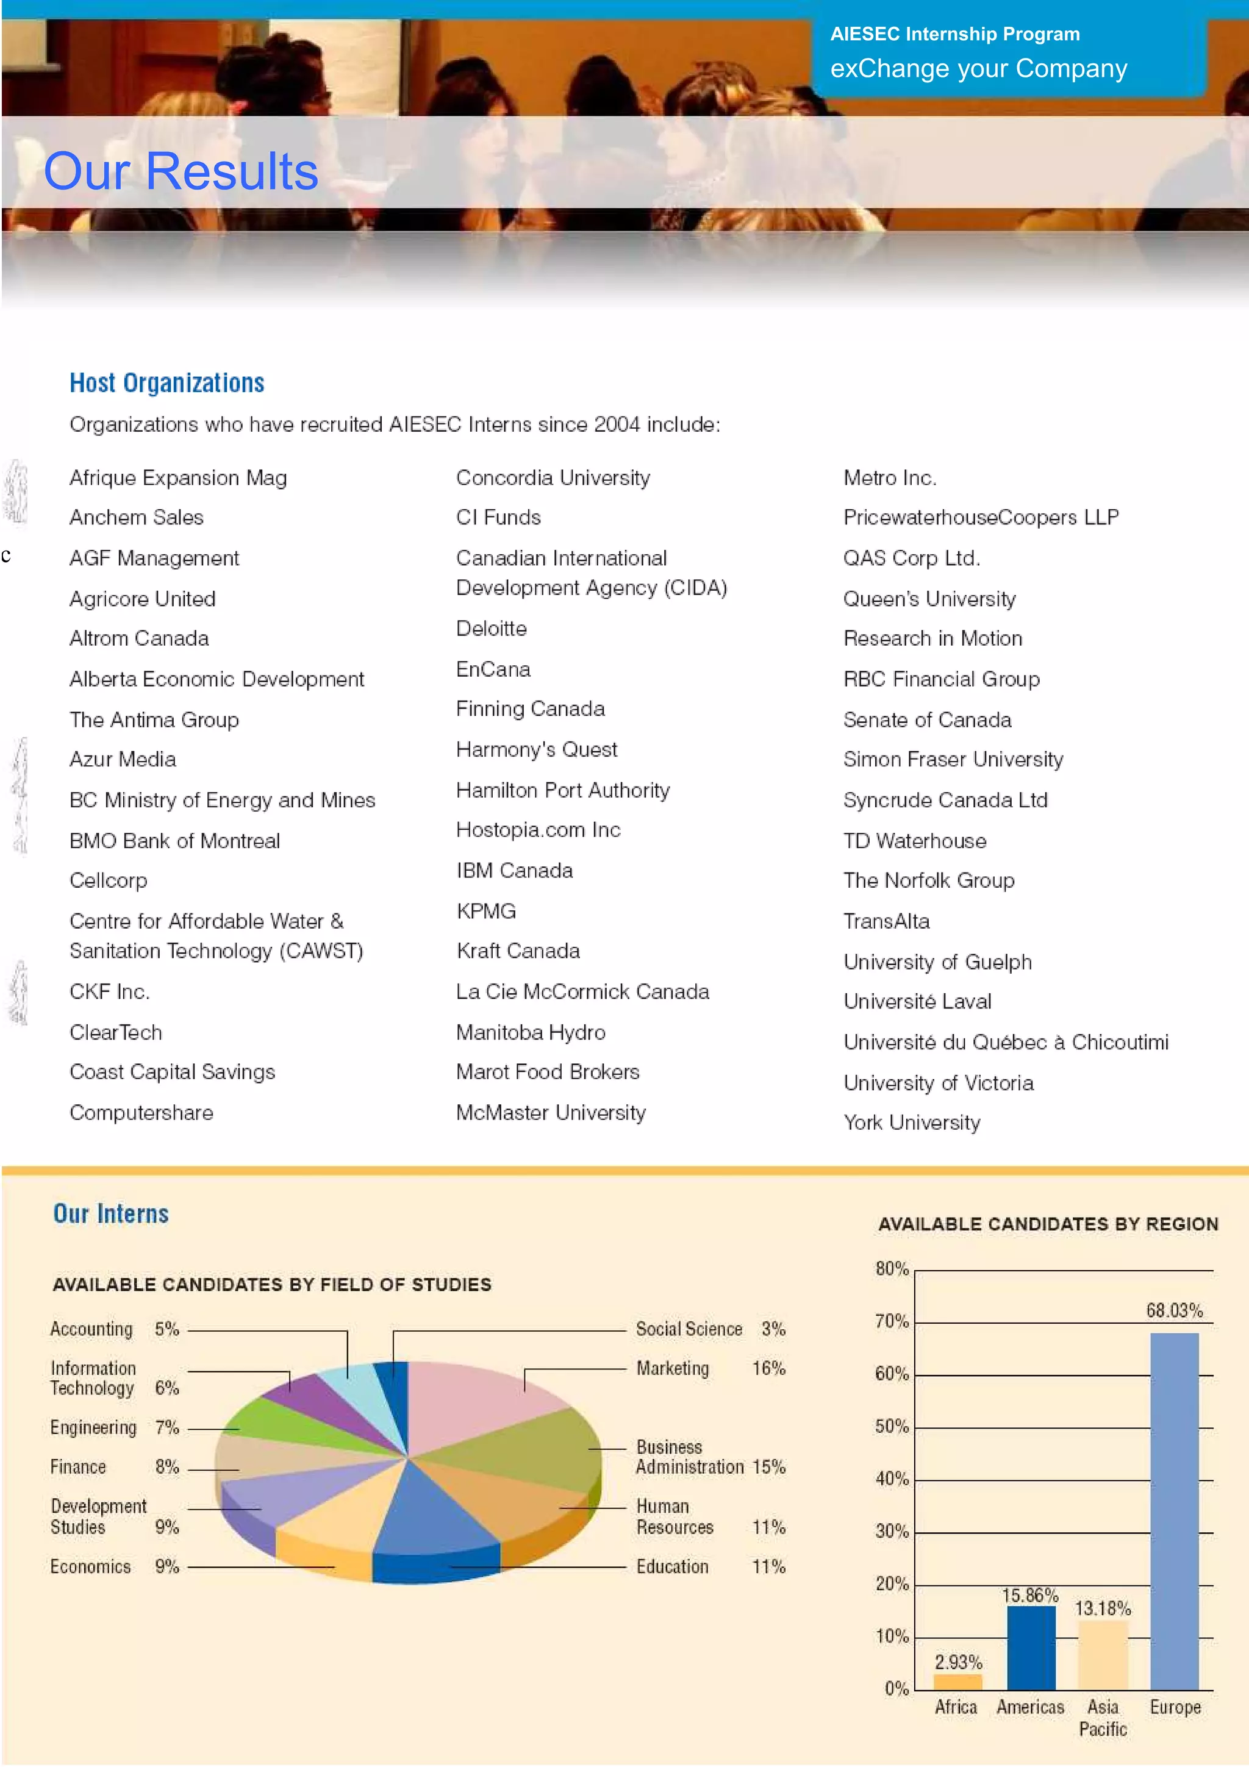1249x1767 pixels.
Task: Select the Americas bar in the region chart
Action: coord(1031,1647)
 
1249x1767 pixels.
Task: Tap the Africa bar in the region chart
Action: coord(957,1681)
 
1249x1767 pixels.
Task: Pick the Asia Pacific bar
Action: coord(1102,1655)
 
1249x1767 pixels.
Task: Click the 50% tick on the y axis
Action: coord(892,1426)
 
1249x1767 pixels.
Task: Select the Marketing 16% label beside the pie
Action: coord(709,1368)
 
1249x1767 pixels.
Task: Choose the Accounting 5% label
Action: coord(114,1329)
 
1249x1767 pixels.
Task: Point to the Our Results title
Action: coord(181,171)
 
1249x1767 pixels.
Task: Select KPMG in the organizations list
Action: coord(485,911)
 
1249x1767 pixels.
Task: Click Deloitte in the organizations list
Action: coord(491,629)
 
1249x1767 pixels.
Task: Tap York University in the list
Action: coord(911,1123)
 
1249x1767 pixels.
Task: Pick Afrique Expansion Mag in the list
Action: coord(177,478)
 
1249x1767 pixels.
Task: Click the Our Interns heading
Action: coord(111,1213)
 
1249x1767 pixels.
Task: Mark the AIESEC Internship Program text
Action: coord(954,35)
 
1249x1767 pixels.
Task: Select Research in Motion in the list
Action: coord(932,639)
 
